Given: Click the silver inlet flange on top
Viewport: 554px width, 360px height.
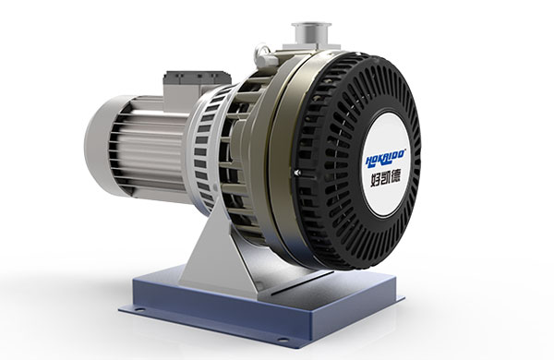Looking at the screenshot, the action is (311, 34).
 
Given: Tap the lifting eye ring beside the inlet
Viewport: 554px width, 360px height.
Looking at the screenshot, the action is (261, 52).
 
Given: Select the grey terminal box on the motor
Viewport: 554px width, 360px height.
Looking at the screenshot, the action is (197, 80).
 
